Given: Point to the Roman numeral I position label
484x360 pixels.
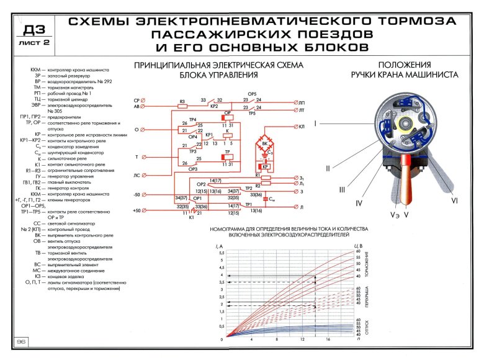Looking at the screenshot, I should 316,124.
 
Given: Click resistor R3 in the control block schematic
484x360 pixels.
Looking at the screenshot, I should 182,101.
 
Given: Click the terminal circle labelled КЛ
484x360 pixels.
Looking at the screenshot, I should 294,127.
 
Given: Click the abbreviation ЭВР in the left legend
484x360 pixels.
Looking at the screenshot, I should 37,106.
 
